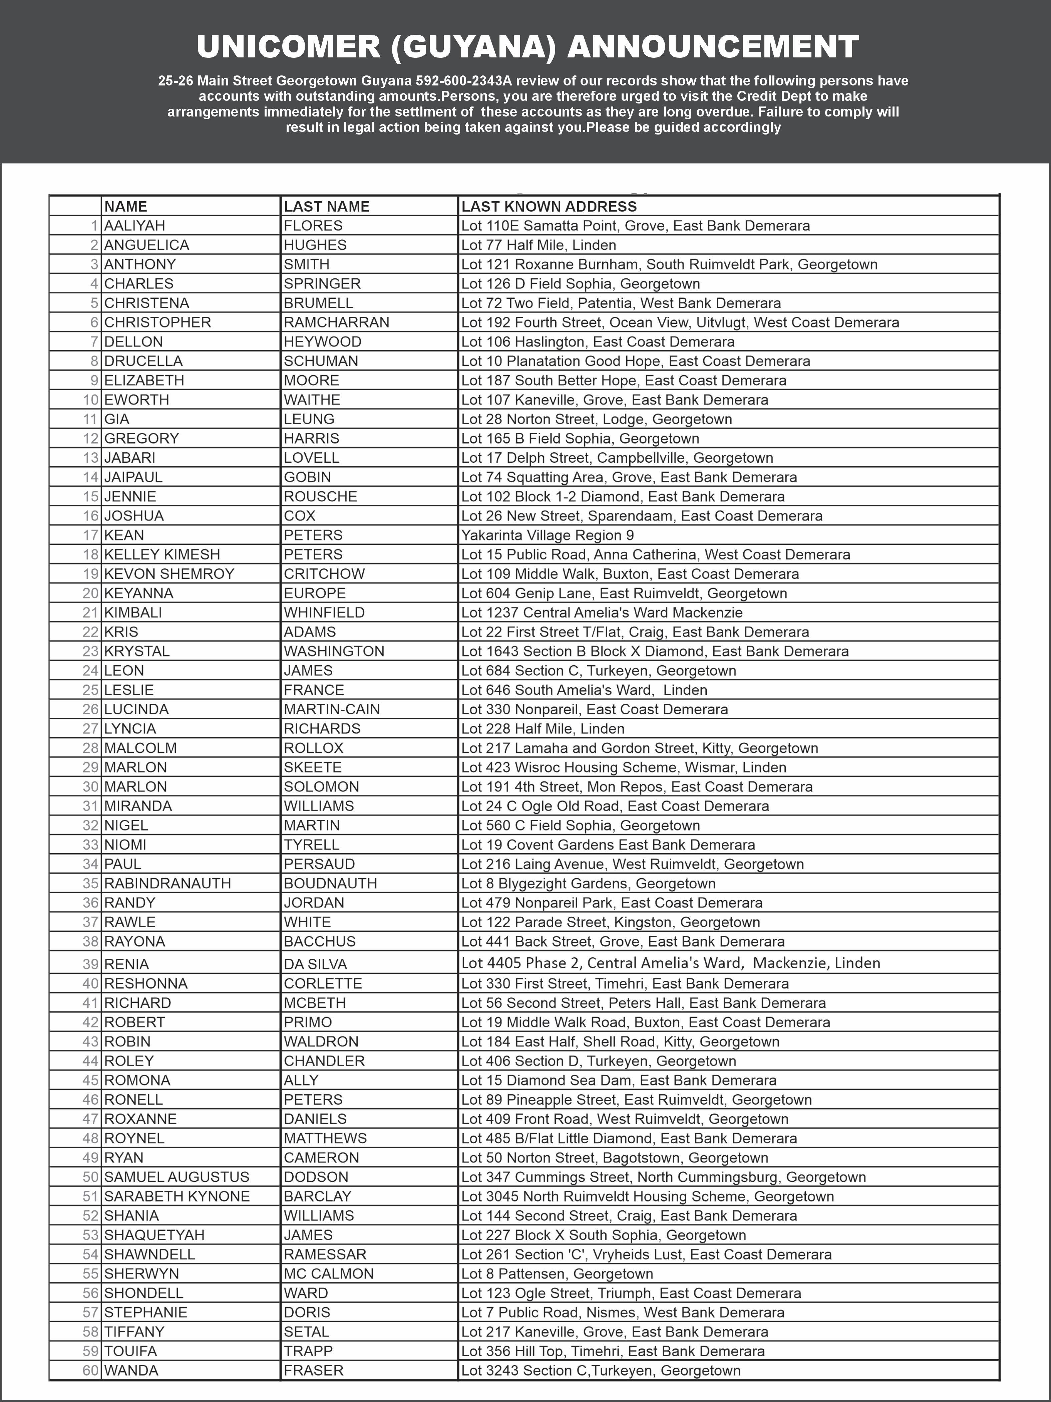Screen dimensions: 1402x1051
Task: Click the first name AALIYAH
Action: point(134,226)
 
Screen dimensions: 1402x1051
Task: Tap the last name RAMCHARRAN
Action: point(336,322)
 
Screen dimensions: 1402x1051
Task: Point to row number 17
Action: point(91,535)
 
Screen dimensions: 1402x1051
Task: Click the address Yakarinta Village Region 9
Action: point(548,535)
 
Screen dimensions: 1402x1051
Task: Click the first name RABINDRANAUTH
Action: point(167,884)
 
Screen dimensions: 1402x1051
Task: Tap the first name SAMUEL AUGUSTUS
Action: point(177,1177)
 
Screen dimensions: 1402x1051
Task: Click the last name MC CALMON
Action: point(329,1273)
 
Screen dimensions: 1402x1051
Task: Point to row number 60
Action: point(91,1370)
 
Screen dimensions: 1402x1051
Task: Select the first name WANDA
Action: point(131,1370)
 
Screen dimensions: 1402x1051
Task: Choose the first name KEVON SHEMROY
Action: point(169,573)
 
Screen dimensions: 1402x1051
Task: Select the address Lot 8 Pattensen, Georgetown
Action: point(557,1273)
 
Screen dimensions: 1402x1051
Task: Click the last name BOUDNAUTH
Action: point(330,884)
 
